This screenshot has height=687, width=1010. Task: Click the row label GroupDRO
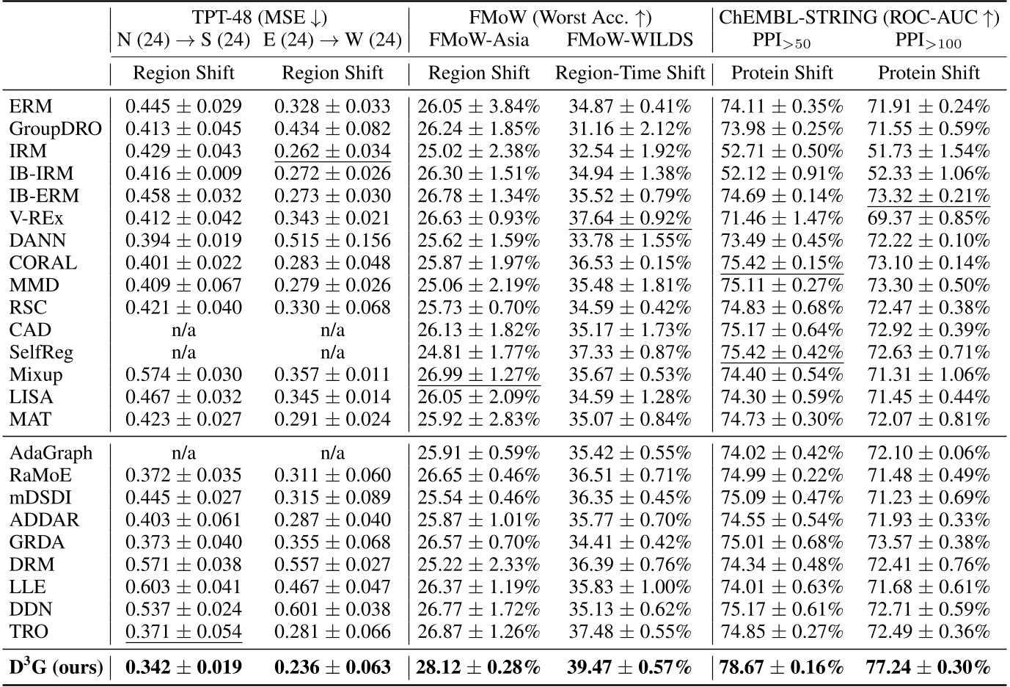coord(56,129)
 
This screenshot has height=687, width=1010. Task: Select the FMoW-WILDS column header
coord(630,39)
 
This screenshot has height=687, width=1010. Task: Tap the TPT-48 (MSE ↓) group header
coord(259,17)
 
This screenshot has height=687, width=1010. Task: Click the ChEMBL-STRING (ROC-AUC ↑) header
coord(855,17)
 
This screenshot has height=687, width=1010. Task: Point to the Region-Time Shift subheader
coord(630,73)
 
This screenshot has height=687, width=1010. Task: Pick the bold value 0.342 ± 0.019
coord(183,667)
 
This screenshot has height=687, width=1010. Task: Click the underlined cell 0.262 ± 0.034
coord(332,151)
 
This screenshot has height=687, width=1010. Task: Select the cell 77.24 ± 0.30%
coord(929,667)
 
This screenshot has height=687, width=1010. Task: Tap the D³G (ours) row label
coord(56,667)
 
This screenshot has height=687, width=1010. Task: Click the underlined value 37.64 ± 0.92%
coord(630,218)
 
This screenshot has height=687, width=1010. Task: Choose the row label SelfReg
coord(42,352)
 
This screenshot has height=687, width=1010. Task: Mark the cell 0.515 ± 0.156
coord(332,241)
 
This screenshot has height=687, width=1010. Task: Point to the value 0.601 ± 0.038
coord(332,609)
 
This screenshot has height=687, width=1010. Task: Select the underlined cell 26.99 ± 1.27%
coord(479,374)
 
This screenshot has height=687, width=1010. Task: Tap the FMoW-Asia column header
coord(479,39)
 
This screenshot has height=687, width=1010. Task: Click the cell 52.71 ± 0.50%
coord(782,151)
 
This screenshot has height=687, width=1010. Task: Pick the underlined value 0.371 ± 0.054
coord(183,631)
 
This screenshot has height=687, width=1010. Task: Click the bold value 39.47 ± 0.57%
coord(630,667)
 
